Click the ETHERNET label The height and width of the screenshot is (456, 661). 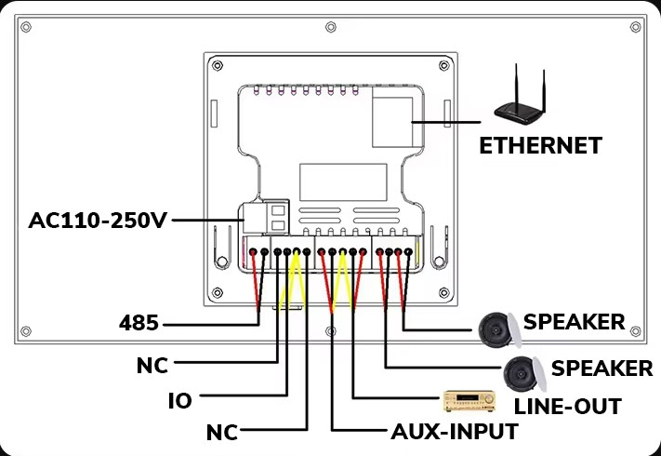pos(540,145)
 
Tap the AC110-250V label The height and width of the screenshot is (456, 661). pos(98,221)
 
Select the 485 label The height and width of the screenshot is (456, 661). pos(139,324)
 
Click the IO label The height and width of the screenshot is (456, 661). pos(179,401)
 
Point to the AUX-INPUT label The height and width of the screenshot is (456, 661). pos(453,431)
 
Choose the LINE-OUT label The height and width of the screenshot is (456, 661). pos(567,406)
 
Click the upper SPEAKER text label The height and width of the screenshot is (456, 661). pos(574,322)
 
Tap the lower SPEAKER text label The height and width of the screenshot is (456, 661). pos(602,368)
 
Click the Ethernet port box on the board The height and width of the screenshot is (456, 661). pos(392,117)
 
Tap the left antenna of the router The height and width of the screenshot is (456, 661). pos(512,80)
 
